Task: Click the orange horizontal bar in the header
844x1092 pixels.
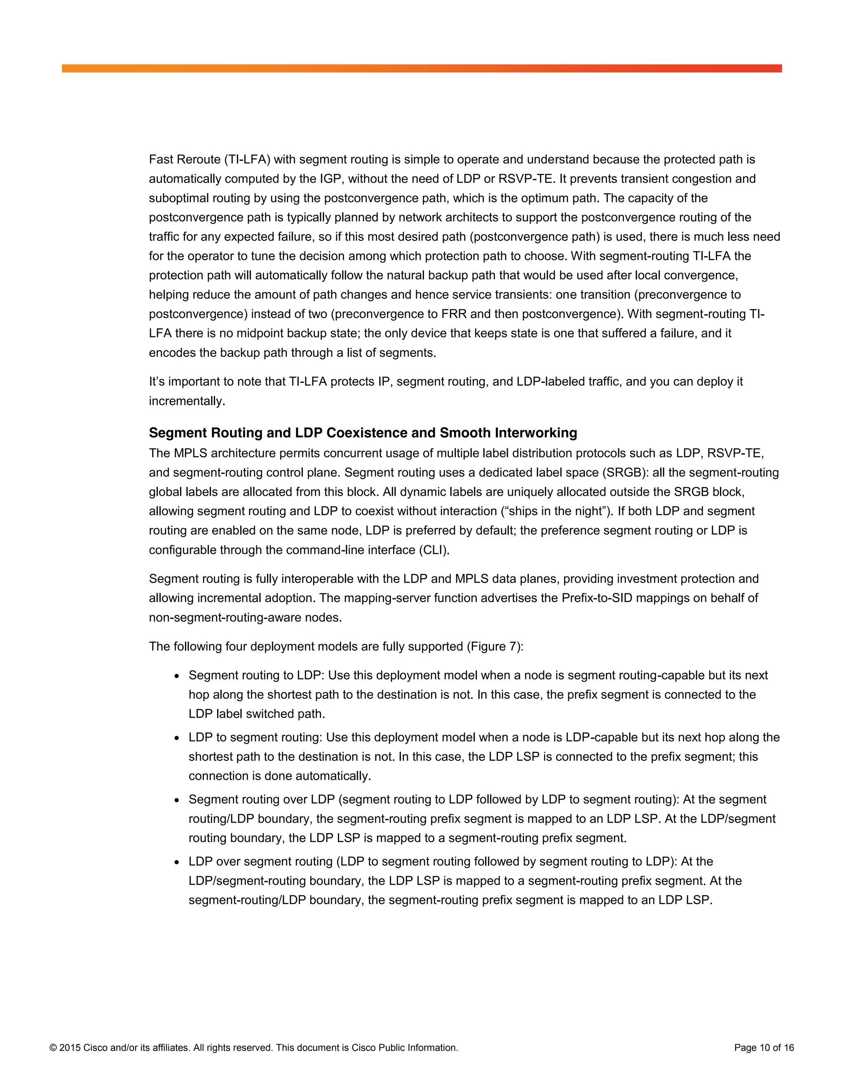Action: point(422,68)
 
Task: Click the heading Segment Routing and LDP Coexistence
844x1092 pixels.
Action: point(363,433)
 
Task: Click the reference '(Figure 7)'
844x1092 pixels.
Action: point(495,647)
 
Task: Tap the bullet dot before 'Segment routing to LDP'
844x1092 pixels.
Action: point(176,676)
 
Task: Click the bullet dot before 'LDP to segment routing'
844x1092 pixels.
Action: point(176,738)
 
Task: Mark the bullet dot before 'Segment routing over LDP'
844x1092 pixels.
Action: point(176,800)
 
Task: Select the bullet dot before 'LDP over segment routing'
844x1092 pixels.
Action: point(176,862)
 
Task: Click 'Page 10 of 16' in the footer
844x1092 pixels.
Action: point(764,1047)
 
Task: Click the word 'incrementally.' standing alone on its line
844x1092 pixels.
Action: point(187,401)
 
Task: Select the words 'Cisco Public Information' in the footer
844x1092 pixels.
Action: point(404,1047)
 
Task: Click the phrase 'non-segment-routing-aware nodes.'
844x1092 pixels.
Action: point(245,618)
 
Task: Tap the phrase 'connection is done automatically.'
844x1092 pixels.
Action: point(279,776)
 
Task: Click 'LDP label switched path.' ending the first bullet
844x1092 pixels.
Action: point(256,714)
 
